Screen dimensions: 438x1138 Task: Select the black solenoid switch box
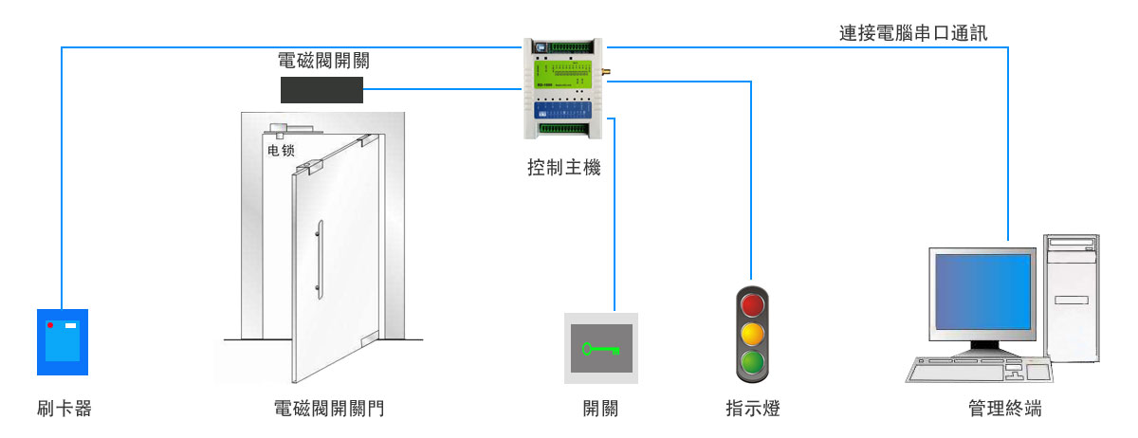click(x=322, y=90)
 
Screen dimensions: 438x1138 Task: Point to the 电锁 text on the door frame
click(x=281, y=150)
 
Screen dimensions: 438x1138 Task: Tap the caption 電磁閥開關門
click(x=329, y=410)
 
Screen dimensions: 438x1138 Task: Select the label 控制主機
click(x=563, y=170)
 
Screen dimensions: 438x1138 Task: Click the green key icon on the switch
click(x=601, y=349)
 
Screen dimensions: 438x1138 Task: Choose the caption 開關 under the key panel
click(x=601, y=410)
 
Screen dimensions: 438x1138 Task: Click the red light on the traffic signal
click(x=752, y=304)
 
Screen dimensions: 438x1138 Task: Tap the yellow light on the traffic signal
click(x=752, y=333)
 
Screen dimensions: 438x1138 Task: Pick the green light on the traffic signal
click(x=752, y=361)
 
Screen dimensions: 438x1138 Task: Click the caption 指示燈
click(x=752, y=410)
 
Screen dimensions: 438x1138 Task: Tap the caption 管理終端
click(x=1004, y=410)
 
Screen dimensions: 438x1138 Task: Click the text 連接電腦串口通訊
click(x=913, y=34)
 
